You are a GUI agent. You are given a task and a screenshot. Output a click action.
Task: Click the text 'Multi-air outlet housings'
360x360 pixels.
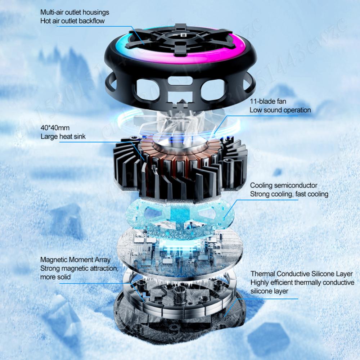[x=75, y=12]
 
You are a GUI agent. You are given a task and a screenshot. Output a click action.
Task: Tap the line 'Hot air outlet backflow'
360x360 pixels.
[x=72, y=21]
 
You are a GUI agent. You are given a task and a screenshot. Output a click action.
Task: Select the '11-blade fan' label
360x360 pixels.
[x=268, y=101]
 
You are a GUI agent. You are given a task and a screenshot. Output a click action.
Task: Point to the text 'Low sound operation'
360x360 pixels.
[x=280, y=110]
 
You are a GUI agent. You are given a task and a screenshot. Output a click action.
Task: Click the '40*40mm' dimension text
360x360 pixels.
[x=55, y=128]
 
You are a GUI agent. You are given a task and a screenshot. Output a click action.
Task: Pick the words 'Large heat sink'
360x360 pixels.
[x=63, y=136]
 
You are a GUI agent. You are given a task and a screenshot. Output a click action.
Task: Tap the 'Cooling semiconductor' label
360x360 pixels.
[x=284, y=185]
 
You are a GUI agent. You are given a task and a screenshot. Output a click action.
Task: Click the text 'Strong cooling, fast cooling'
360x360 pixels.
[x=289, y=194]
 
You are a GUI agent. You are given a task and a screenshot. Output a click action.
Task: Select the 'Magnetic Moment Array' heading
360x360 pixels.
[x=75, y=260]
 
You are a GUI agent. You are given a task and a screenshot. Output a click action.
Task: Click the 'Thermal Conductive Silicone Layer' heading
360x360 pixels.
[x=301, y=274]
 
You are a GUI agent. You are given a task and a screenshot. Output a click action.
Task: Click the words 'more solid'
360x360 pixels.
[x=55, y=277]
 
